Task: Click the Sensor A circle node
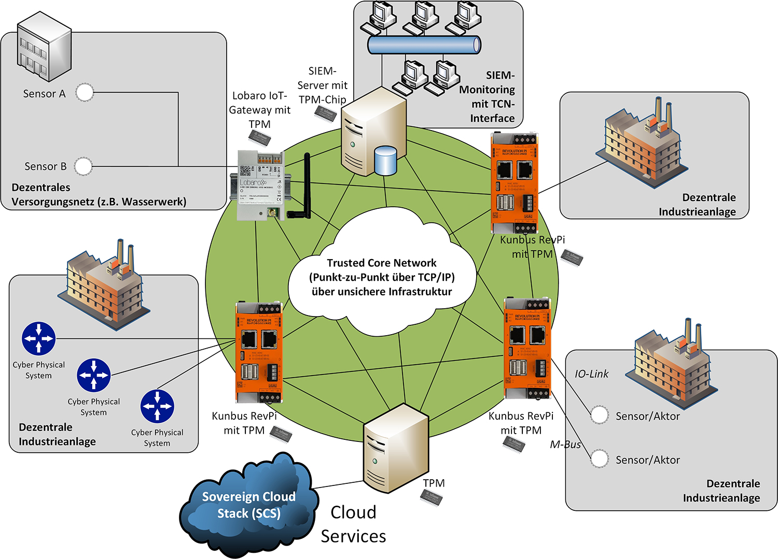click(85, 93)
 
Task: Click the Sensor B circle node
click(83, 166)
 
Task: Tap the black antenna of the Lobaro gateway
click(306, 184)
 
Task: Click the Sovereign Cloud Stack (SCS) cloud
click(248, 505)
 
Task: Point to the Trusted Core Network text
click(381, 263)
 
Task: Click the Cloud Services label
click(353, 524)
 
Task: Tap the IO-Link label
click(591, 374)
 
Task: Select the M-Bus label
click(565, 445)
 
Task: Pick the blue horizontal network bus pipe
click(424, 45)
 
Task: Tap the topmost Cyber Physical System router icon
click(39, 338)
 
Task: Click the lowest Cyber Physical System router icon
click(157, 406)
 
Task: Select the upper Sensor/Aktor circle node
click(599, 415)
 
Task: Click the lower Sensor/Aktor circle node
click(599, 459)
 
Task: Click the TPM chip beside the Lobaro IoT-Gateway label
click(259, 138)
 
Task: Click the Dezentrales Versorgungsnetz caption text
click(99, 195)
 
